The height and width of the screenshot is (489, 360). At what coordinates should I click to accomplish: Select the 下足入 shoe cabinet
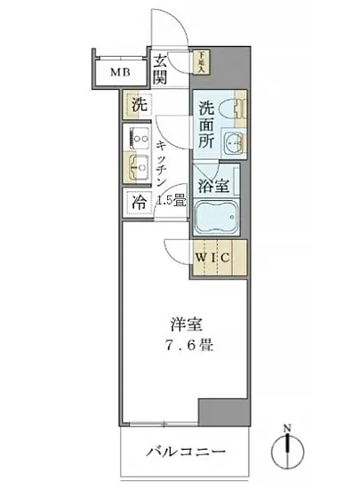(x=204, y=62)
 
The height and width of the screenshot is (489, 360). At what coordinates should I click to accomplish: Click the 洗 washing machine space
(x=138, y=104)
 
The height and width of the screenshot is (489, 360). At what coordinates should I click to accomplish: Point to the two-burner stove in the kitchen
(x=139, y=139)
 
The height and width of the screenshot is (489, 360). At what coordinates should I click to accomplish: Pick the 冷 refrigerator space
(x=140, y=202)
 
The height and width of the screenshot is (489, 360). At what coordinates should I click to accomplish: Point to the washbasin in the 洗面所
(x=233, y=143)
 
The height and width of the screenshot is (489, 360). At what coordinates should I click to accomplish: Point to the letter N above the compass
(x=287, y=429)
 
